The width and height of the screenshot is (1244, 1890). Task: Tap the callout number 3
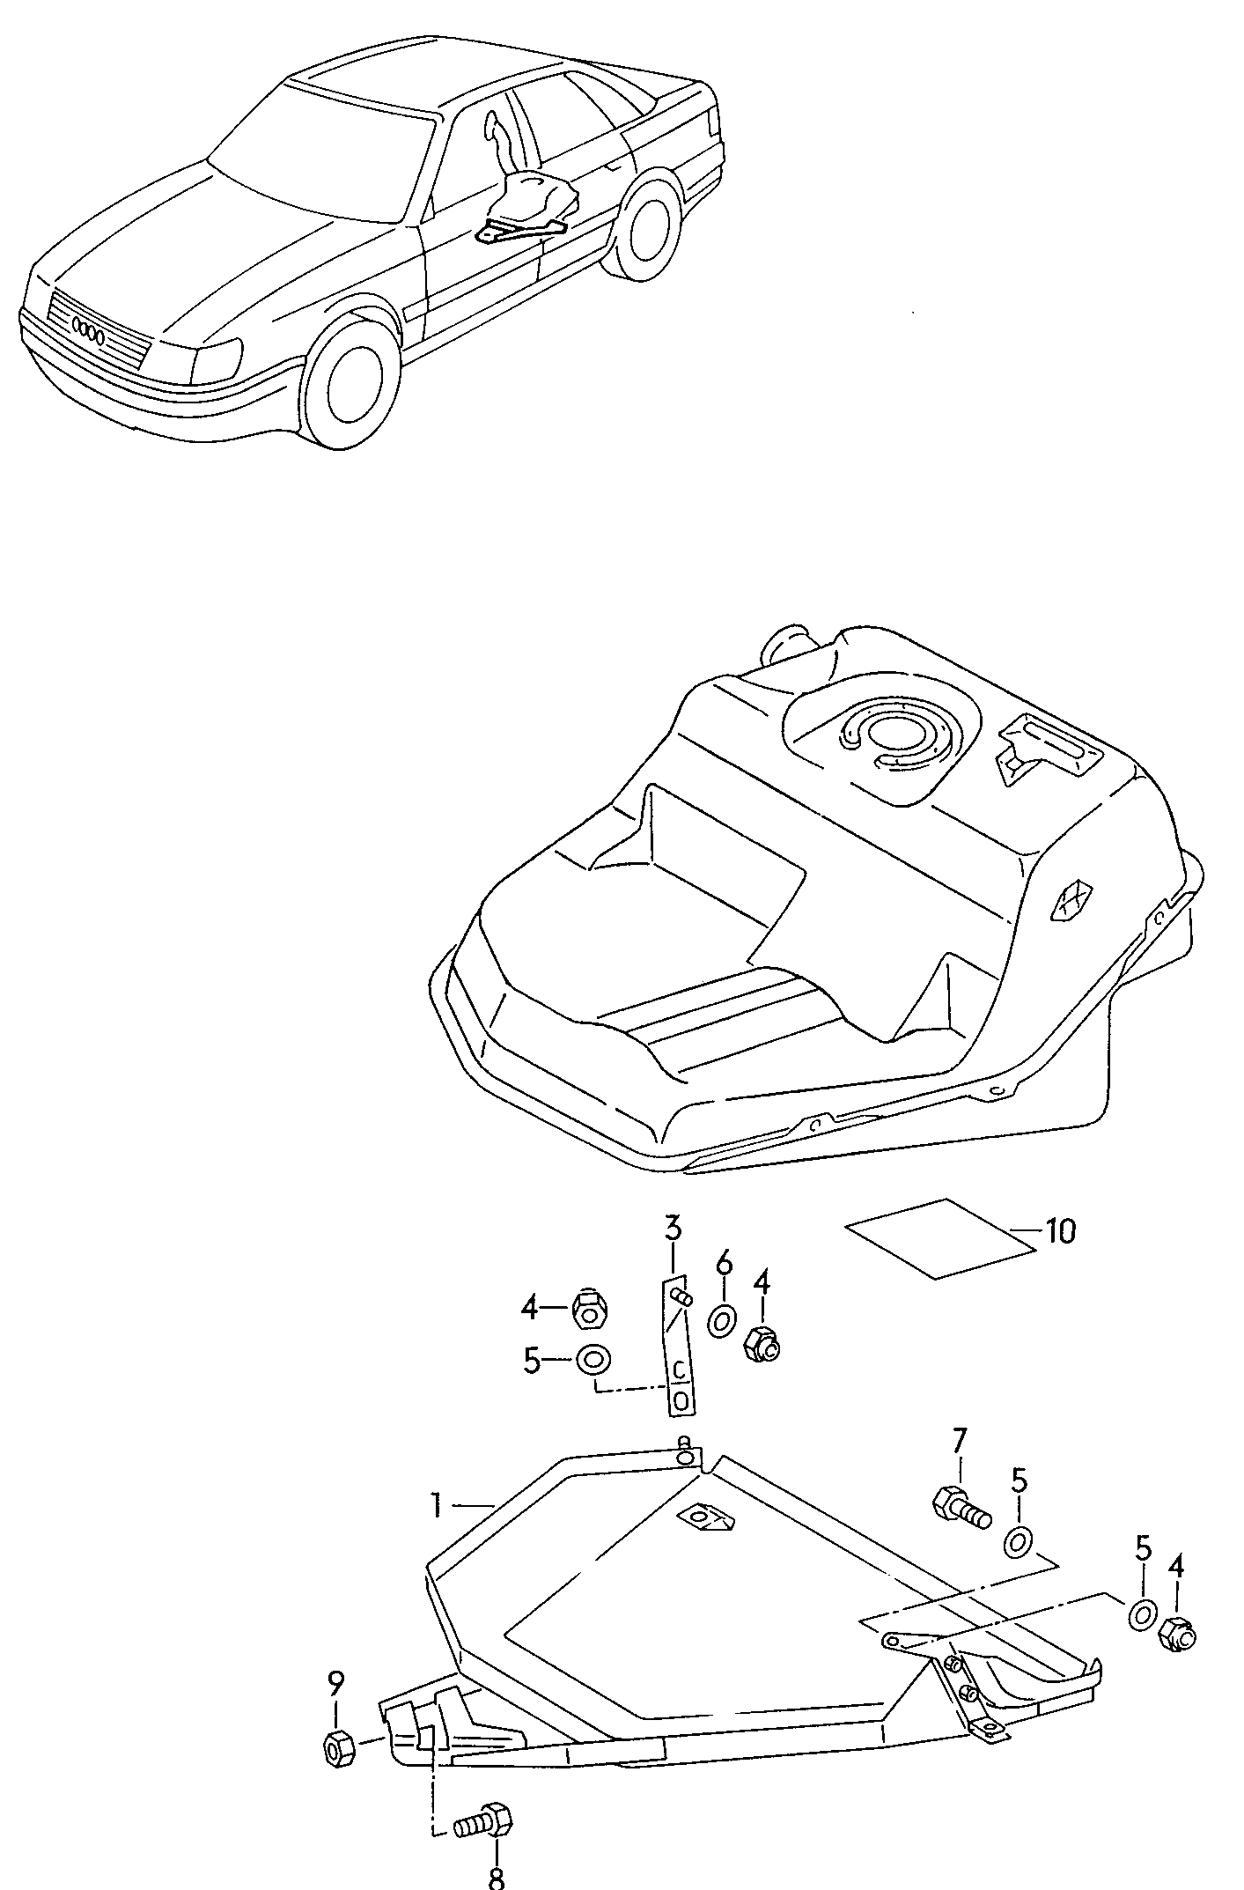(x=673, y=1227)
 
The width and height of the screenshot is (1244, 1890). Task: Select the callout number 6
(x=724, y=1264)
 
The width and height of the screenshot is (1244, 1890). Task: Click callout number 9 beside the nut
(x=335, y=1685)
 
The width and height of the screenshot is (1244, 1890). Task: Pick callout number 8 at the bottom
(x=496, y=1875)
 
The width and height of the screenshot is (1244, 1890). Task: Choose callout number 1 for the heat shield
(x=436, y=1505)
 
